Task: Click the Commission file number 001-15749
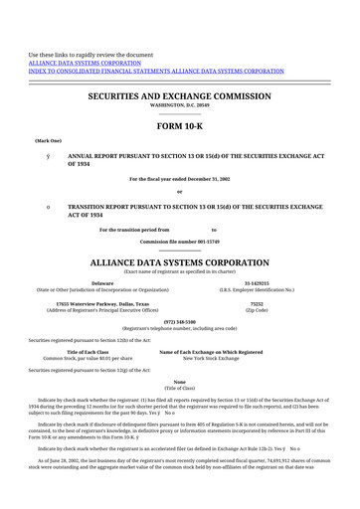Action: [180, 242]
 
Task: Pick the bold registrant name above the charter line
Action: [180, 262]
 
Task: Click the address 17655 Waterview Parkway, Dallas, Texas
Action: [102, 303]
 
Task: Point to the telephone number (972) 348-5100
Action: [180, 322]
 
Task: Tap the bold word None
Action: [180, 382]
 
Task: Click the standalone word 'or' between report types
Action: [180, 192]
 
